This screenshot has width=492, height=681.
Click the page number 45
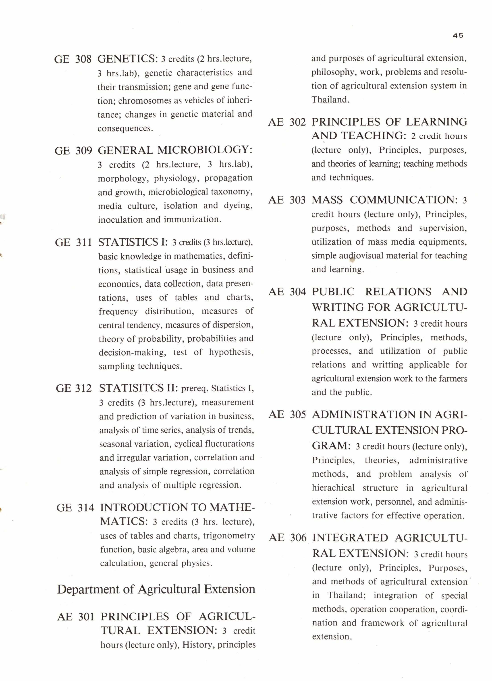pyautogui.click(x=458, y=36)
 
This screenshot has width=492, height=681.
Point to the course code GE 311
pyautogui.click(x=73, y=242)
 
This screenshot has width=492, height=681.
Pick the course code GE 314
pyautogui.click(x=75, y=508)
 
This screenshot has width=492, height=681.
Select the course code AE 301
pyautogui.click(x=76, y=617)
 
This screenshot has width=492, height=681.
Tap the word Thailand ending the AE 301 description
pyautogui.click(x=330, y=100)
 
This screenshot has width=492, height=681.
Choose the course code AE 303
pyautogui.click(x=287, y=200)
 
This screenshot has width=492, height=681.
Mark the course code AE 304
pyautogui.click(x=287, y=292)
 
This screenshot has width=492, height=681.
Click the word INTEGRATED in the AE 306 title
pyautogui.click(x=350, y=538)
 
